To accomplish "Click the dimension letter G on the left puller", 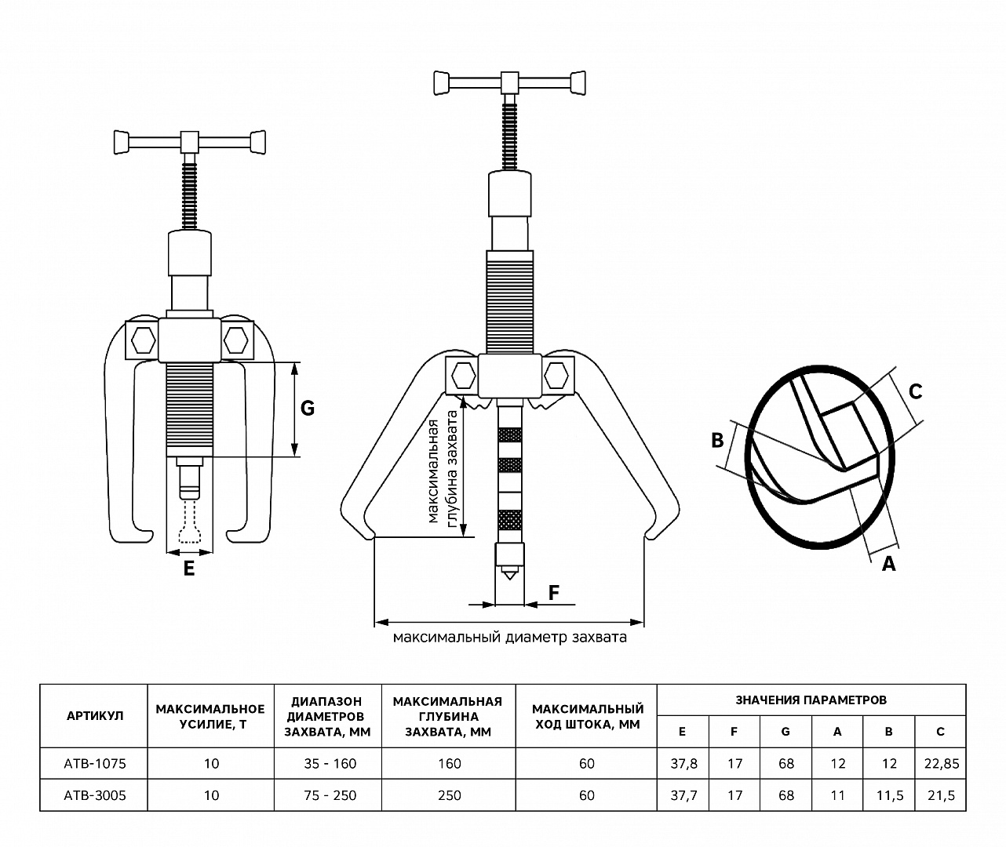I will coord(308,408).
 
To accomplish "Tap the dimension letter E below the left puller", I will coord(188,569).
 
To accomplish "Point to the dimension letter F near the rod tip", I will coord(554,592).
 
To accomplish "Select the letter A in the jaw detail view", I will coord(888,563).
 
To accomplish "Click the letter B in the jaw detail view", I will coord(717,440).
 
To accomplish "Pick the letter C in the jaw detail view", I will coord(915,391).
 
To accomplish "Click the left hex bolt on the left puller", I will coord(143,340).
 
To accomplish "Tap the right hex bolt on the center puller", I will coord(557,375).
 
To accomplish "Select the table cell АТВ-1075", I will coord(94,763).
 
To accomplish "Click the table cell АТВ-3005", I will coord(94,795).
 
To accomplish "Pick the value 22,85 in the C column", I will coord(941,763).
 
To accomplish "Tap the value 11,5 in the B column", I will coord(888,795).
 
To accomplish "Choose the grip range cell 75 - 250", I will coord(329,795).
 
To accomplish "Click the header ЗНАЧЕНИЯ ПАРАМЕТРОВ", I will coord(811,700).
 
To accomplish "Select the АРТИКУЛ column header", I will coord(94,715).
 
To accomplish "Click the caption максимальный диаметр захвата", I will coord(509,637).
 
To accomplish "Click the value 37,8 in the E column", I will coord(682,763).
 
